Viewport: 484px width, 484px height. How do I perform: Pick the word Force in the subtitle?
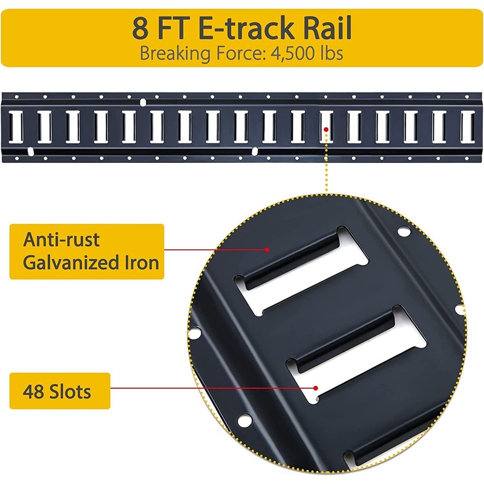tap(234, 53)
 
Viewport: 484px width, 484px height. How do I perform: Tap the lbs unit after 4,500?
tap(329, 53)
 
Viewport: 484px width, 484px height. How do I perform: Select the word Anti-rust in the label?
tap(61, 240)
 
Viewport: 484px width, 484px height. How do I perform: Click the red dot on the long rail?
tap(325, 129)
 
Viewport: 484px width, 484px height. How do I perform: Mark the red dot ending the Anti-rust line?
tap(267, 249)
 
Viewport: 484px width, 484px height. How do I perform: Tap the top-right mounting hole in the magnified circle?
tap(401, 232)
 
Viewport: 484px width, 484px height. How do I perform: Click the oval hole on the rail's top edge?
tap(143, 101)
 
